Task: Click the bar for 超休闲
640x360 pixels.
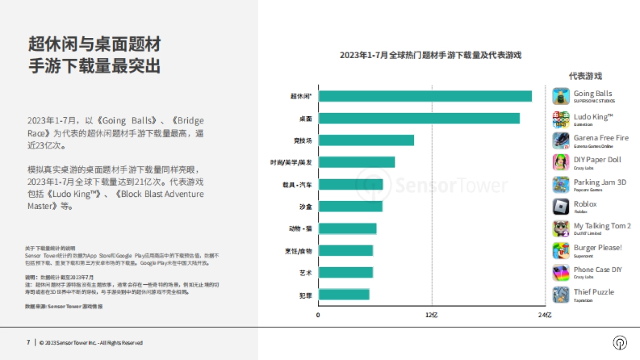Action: tap(425, 96)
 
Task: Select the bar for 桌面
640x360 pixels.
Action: tap(419, 118)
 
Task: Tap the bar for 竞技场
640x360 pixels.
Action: tap(366, 140)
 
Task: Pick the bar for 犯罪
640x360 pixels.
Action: tap(344, 294)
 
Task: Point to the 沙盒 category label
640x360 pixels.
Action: tap(306, 206)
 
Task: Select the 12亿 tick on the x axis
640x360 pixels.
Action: tap(431, 315)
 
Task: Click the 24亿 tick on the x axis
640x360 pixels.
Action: tap(545, 315)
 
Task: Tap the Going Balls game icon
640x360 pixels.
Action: tap(561, 96)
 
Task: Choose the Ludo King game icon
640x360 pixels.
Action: tap(561, 119)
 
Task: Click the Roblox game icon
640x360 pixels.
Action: tap(561, 206)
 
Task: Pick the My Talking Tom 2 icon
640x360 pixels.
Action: tap(561, 228)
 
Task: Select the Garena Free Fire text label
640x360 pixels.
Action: tap(601, 138)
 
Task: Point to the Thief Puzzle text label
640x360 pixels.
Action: tap(594, 292)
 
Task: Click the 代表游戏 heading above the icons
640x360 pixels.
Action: tap(585, 76)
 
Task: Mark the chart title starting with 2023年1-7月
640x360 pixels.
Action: tap(430, 55)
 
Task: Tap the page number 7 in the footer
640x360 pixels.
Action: tap(28, 342)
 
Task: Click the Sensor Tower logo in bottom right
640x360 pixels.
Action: tap(620, 342)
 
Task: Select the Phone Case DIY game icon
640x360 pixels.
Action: tap(561, 273)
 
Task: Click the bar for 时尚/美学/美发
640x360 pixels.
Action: tap(357, 162)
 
